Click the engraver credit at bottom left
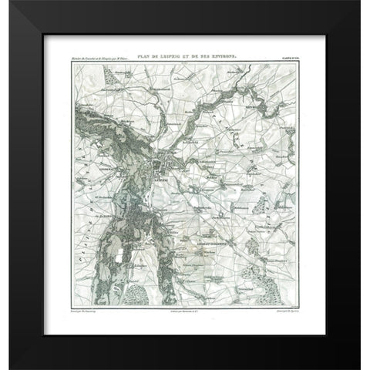86,308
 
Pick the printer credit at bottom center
185,308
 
